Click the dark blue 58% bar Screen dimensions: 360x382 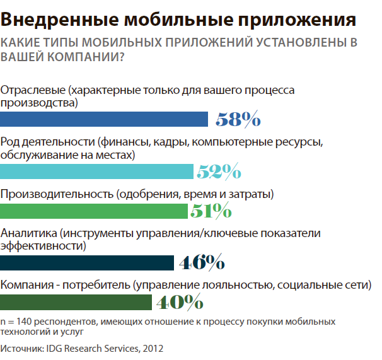[x=104, y=119]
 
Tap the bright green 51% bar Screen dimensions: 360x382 [x=95, y=210]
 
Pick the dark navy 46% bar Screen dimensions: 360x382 [x=87, y=262]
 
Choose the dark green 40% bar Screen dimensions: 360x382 [x=76, y=302]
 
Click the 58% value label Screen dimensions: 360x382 [x=238, y=119]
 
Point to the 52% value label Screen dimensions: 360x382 [x=218, y=171]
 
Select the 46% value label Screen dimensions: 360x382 [x=202, y=262]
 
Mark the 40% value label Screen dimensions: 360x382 [x=179, y=302]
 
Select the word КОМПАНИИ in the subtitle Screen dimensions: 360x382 [x=69, y=57]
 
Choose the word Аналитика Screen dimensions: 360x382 [x=30, y=233]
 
